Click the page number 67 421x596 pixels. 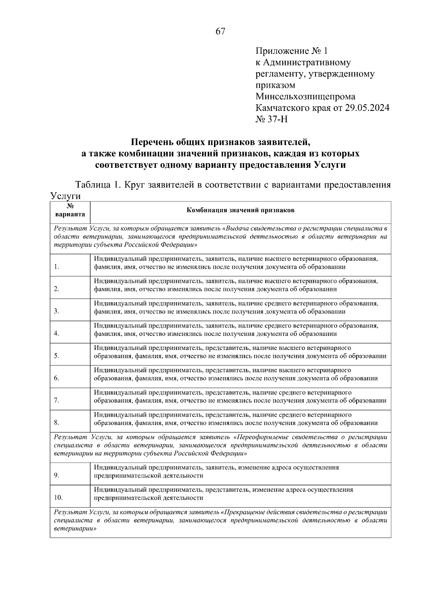[x=220, y=32]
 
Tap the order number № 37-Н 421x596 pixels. [x=272, y=119]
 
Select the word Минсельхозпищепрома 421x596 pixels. [x=305, y=97]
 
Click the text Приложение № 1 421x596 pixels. [x=292, y=51]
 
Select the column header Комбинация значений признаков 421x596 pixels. [x=240, y=210]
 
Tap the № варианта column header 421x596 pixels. [x=70, y=210]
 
